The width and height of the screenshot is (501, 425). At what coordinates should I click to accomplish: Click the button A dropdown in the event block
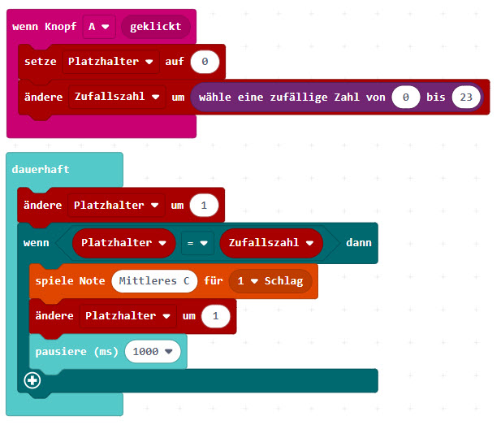99,26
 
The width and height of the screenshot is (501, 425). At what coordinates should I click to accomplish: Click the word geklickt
155,26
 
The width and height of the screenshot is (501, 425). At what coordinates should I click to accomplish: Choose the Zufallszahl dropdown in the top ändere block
117,96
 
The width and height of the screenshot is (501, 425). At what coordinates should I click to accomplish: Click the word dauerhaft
41,169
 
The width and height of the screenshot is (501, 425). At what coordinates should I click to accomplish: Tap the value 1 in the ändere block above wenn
204,206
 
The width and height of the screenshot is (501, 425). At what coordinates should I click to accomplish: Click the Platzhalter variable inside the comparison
123,242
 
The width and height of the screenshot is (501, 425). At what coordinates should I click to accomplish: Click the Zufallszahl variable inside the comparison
271,242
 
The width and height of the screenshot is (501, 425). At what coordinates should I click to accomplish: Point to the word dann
359,242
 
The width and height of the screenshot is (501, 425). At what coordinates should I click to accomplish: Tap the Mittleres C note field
154,281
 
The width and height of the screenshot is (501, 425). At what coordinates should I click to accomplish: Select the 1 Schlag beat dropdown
270,281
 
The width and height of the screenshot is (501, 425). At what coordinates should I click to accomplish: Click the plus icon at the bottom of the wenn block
32,380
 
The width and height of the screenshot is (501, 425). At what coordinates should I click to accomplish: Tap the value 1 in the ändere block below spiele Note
215,316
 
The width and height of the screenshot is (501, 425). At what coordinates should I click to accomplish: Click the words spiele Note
70,281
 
